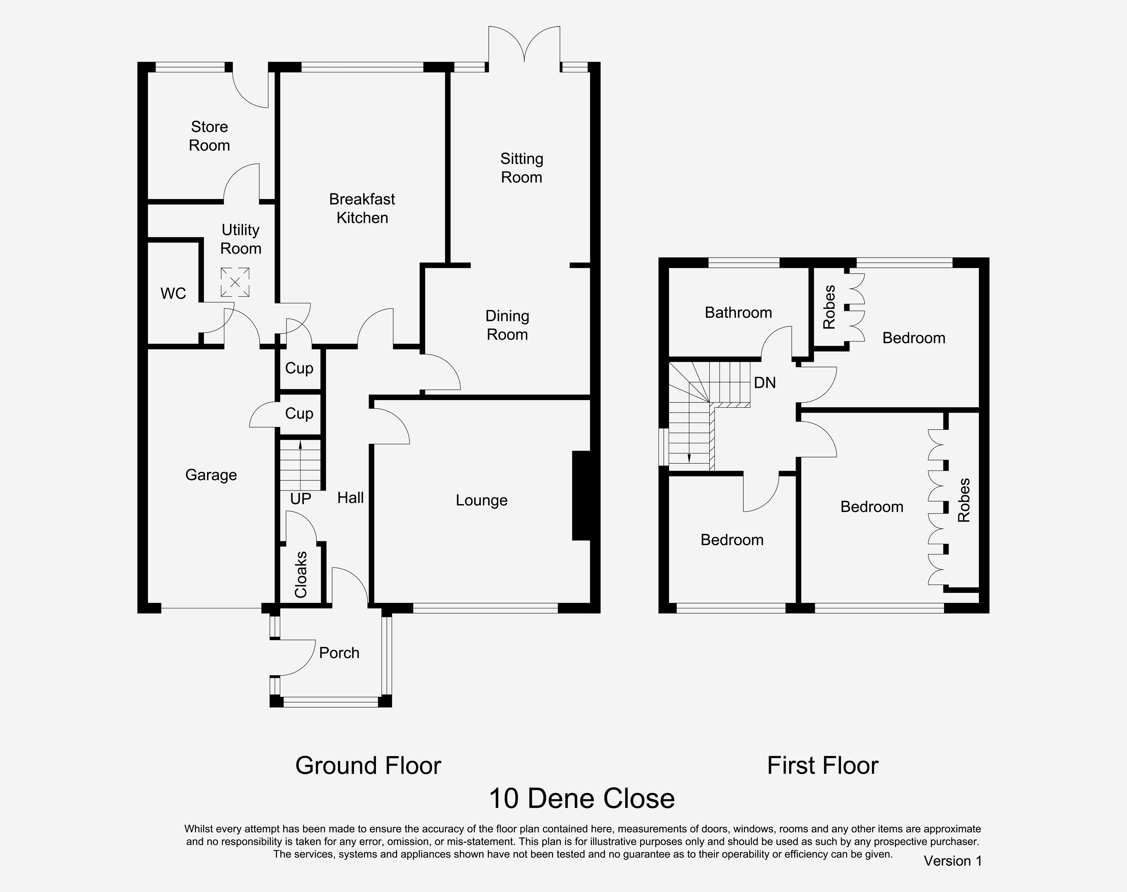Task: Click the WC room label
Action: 173,294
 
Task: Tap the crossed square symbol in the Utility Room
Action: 235,282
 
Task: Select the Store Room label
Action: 209,136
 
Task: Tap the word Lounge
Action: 481,500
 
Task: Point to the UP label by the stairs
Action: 300,499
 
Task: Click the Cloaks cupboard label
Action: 300,575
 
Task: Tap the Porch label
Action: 339,653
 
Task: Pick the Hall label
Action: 350,498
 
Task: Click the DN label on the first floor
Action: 765,383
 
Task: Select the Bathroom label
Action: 738,312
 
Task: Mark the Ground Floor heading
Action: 368,766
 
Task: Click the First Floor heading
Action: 822,766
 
